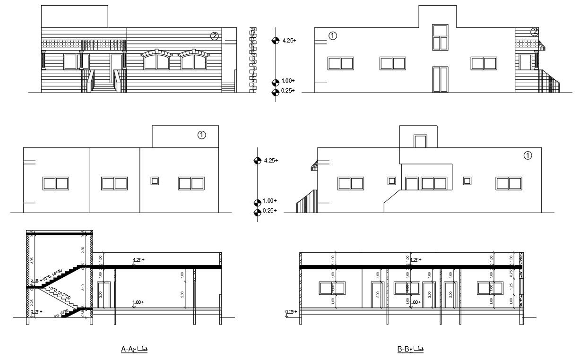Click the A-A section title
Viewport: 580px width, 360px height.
click(134, 349)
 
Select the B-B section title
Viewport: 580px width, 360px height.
click(410, 349)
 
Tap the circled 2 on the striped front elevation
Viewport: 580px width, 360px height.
click(215, 35)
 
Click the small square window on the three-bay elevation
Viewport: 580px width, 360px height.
click(155, 181)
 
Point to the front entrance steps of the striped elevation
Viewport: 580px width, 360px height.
click(104, 86)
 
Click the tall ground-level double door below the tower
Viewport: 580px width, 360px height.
click(440, 79)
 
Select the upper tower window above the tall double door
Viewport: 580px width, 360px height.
click(440, 37)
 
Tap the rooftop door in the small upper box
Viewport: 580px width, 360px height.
click(420, 141)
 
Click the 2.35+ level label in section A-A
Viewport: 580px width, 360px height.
click(36, 281)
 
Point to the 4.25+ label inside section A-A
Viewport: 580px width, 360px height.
click(139, 260)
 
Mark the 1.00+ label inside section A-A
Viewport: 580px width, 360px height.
click(138, 302)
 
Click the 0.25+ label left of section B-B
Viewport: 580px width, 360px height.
click(292, 312)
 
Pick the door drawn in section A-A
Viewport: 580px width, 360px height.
click(104, 296)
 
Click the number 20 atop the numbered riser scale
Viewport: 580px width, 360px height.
click(253, 29)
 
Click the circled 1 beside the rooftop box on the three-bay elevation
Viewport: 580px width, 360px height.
click(201, 135)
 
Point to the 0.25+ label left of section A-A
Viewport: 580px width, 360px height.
click(36, 312)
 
